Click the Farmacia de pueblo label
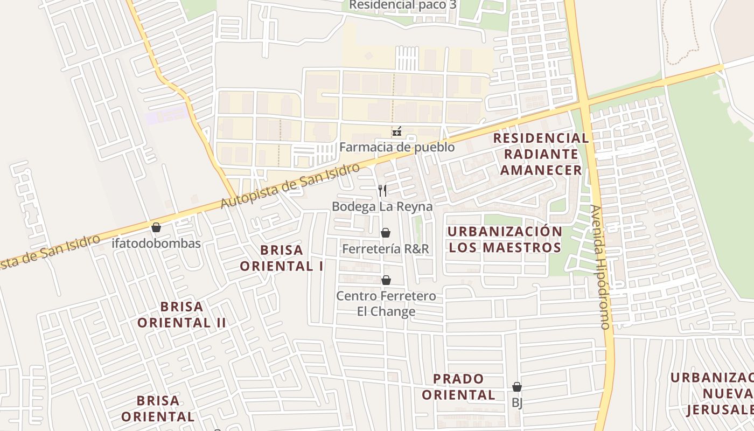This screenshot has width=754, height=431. pyautogui.click(x=397, y=147)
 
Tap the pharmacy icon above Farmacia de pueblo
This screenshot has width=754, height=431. pyautogui.click(x=397, y=132)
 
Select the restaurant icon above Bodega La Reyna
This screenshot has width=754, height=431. pyautogui.click(x=382, y=190)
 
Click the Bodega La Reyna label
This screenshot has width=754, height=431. pyautogui.click(x=382, y=206)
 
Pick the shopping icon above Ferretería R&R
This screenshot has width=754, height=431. pyautogui.click(x=386, y=233)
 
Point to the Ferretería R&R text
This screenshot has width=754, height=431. pyautogui.click(x=386, y=249)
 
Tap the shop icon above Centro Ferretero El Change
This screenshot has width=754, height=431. pyautogui.click(x=386, y=280)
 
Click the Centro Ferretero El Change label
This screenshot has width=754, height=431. pyautogui.click(x=386, y=304)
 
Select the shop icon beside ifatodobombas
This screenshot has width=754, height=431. pyautogui.click(x=156, y=227)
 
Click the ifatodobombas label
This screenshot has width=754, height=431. pyautogui.click(x=156, y=244)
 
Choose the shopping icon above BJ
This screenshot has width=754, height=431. pyautogui.click(x=517, y=387)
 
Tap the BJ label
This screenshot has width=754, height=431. pyautogui.click(x=517, y=402)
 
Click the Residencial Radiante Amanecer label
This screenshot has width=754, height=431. pyautogui.click(x=541, y=154)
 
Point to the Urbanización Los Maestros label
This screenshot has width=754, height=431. pyautogui.click(x=505, y=239)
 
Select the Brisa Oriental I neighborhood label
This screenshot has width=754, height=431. pyautogui.click(x=281, y=258)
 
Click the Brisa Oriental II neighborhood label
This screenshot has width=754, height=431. pyautogui.click(x=181, y=315)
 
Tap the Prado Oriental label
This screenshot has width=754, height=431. pyautogui.click(x=458, y=387)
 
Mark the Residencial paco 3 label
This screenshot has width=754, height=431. pyautogui.click(x=403, y=5)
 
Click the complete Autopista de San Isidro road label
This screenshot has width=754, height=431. pyautogui.click(x=290, y=186)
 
